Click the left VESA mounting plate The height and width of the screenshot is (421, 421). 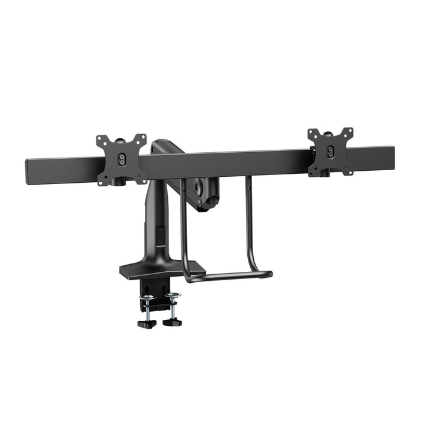121,159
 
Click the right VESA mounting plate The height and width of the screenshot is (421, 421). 330,152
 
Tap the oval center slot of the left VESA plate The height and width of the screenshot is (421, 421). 121,159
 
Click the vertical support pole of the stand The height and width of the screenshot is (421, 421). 152,223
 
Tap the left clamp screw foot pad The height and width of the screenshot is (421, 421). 146,324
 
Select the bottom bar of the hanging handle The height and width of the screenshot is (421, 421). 229,277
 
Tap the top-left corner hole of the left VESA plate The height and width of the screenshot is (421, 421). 100,140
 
